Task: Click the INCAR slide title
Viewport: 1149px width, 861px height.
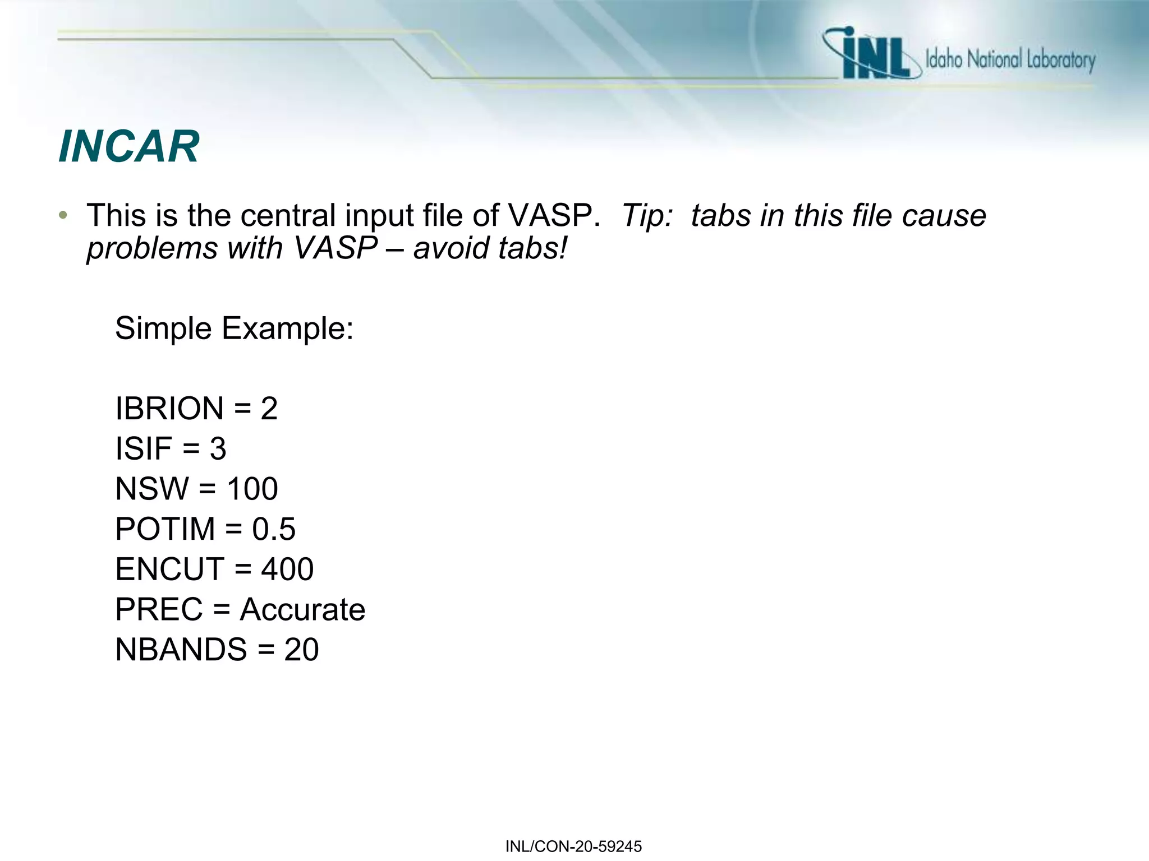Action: (x=128, y=147)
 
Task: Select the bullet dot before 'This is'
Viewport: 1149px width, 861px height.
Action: (x=63, y=215)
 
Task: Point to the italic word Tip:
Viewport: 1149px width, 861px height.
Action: (x=647, y=215)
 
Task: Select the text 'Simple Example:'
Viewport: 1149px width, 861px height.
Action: (x=234, y=328)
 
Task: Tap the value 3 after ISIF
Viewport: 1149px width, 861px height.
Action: (x=218, y=449)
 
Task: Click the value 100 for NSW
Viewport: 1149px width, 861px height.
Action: (x=252, y=489)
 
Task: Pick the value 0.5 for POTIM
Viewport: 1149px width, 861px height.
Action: (x=273, y=529)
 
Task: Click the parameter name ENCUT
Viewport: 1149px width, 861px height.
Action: (x=169, y=570)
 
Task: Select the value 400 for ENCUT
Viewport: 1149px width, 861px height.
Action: (x=287, y=570)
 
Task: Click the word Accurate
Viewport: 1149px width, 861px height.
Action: (x=302, y=610)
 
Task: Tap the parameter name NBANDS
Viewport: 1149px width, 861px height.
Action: (x=181, y=650)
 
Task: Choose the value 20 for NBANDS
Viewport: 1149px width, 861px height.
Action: (x=301, y=650)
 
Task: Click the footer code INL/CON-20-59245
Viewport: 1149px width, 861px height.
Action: (x=573, y=846)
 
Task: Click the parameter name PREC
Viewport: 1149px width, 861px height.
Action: (x=158, y=610)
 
